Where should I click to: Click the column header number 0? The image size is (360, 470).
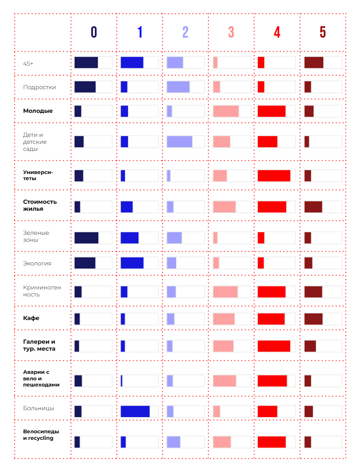(x=94, y=32)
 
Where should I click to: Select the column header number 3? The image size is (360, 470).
(x=231, y=32)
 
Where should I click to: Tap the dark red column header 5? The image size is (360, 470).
(x=322, y=32)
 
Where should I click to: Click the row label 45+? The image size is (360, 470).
(x=28, y=63)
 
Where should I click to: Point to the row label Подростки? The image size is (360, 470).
(x=39, y=87)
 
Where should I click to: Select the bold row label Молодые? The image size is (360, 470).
(x=38, y=111)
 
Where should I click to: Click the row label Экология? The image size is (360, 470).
(x=37, y=263)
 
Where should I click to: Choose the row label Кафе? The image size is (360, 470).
(x=31, y=318)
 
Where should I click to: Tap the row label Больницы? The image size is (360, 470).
(x=38, y=408)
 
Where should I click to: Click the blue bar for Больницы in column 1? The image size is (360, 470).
(x=135, y=411)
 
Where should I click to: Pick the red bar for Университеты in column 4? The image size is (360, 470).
(x=274, y=175)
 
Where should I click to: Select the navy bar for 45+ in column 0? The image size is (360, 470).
(x=86, y=63)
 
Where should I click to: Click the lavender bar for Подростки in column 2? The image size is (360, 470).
(x=178, y=87)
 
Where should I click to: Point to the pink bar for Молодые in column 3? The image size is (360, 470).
(x=226, y=111)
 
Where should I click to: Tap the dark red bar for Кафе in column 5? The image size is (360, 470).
(x=313, y=319)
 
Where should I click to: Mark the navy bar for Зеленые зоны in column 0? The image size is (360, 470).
(x=87, y=238)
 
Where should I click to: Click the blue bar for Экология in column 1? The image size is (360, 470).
(x=132, y=263)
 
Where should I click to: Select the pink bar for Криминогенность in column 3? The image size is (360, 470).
(x=225, y=292)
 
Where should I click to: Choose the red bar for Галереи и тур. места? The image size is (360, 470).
(x=274, y=346)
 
